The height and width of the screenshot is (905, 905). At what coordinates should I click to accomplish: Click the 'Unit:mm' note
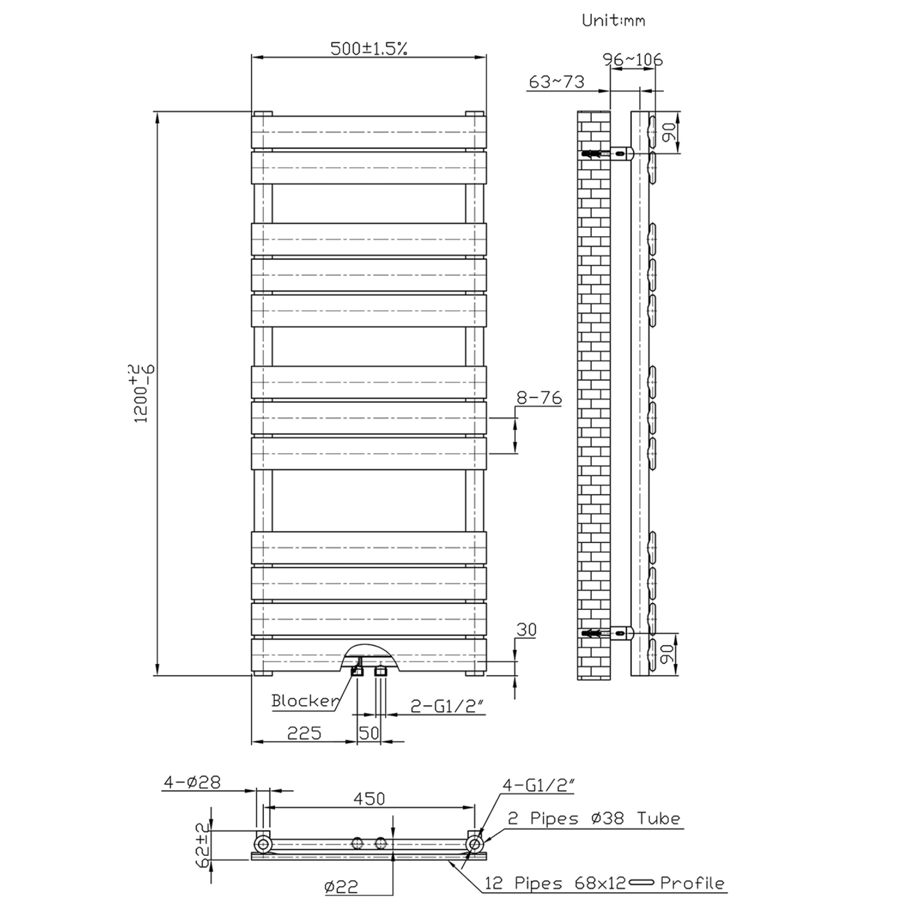(613, 21)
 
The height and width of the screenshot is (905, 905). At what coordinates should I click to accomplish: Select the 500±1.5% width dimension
(369, 49)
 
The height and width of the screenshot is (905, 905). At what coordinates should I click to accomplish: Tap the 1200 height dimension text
(141, 393)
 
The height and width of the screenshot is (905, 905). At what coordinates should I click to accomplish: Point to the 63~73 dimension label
(556, 82)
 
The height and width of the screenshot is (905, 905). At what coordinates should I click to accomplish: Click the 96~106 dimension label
(632, 60)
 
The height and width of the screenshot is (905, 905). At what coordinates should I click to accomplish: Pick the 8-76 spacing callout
(539, 397)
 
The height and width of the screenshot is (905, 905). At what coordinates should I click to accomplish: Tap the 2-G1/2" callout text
(447, 706)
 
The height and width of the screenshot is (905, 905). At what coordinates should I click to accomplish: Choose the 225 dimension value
(304, 733)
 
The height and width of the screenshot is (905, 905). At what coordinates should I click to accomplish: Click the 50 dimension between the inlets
(369, 733)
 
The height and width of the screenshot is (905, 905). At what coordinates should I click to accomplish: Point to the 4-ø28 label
(192, 782)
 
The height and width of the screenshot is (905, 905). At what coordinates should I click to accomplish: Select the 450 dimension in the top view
(369, 798)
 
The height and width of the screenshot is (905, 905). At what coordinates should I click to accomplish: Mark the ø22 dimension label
(340, 887)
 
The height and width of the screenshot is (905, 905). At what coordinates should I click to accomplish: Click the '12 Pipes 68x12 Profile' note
(604, 883)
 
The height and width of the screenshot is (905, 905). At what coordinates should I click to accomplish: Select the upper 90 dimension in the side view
(669, 132)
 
